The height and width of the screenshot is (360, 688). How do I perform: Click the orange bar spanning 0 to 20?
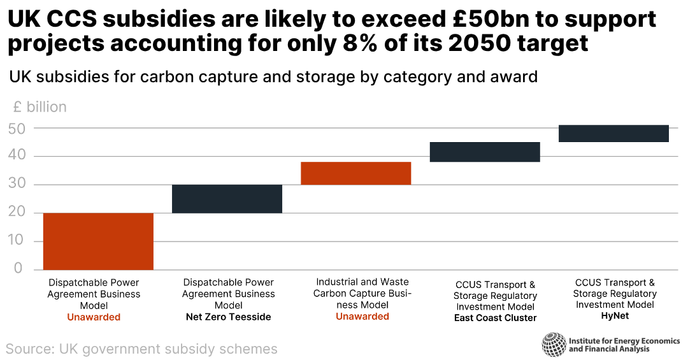[98, 241]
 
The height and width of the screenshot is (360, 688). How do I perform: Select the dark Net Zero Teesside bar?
[227, 199]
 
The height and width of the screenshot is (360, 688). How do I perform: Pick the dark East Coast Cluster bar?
[485, 152]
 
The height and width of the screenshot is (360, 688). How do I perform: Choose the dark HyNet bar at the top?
[613, 133]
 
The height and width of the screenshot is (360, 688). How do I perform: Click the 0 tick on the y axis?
[18, 269]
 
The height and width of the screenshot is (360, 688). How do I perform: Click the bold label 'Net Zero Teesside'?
[228, 317]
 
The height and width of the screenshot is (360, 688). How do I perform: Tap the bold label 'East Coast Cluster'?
[495, 317]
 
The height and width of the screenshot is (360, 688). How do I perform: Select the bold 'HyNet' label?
[615, 315]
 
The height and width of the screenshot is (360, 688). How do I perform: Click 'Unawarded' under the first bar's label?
[94, 317]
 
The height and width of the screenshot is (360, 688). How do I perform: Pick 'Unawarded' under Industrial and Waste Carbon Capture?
[362, 316]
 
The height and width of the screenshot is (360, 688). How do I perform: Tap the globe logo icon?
[554, 345]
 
